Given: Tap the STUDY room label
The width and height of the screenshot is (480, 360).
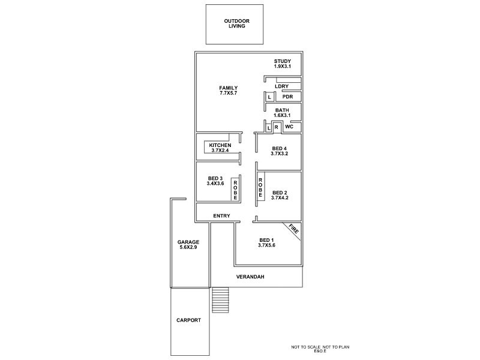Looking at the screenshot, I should tap(283, 64).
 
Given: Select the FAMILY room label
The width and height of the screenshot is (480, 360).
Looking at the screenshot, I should tap(229, 91).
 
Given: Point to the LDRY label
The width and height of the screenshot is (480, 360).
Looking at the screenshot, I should tap(282, 86).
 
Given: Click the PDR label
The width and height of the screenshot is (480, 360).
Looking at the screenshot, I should tap(287, 97).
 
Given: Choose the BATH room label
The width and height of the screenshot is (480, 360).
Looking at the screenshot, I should tap(282, 113).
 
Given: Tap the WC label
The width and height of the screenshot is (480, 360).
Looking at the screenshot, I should tap(289, 127).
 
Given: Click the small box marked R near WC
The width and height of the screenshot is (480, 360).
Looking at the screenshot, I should tap(276, 127).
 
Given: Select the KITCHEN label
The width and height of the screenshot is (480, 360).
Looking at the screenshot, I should tap(220, 148).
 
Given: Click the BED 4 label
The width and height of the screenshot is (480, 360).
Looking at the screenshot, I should tap(280, 151).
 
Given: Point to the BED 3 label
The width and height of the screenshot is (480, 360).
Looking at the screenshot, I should tap(215, 181).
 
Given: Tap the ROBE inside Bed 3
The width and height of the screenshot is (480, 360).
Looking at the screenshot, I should tap(236, 190).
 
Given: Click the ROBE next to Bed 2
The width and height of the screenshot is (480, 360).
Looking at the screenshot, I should tap(260, 187).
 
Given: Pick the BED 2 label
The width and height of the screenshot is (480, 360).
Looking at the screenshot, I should tap(280, 195).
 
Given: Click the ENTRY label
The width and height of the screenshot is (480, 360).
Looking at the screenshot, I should tap(222, 216).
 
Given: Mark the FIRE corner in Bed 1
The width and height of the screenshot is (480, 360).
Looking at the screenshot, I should tap(293, 229).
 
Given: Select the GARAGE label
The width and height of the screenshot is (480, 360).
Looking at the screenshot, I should tap(188, 245).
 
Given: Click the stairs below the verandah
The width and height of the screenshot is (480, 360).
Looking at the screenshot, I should tap(221, 299).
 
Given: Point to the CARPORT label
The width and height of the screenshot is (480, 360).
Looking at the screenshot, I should tap(189, 320).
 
